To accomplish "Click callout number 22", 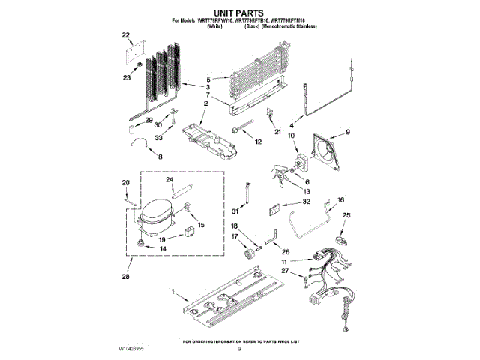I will (x=125, y=35).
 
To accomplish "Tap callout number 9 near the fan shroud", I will (x=347, y=133).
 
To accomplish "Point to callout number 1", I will (x=173, y=291).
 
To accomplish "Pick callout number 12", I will (x=258, y=141).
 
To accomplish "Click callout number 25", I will (x=346, y=216).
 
